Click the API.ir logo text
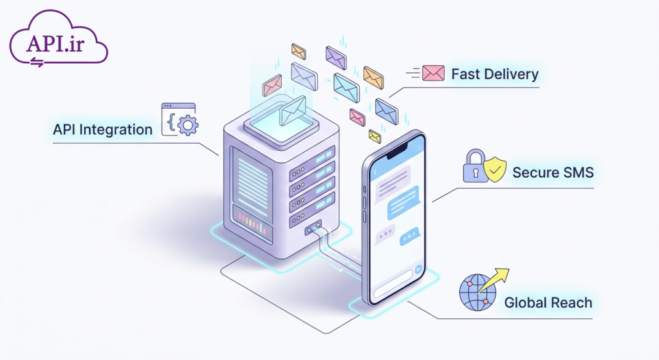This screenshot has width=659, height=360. pos(55,43)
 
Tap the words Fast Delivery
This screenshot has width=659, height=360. pos(495,74)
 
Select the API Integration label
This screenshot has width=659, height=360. pos(102,129)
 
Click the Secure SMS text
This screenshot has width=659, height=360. pos(553,173)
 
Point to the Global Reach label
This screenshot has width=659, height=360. pos(548,303)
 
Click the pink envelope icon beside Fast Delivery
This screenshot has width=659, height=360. pos(433,73)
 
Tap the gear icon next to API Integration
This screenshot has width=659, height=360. pos(188,125)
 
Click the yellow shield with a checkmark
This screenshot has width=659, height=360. pos(495,169)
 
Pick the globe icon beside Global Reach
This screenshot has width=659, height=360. pos(478,292)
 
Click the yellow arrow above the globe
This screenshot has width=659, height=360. pos(494,281)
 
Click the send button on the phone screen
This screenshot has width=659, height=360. pos(418,270)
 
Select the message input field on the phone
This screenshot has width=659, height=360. pos(393,284)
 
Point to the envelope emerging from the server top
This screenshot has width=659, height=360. pos(293,111)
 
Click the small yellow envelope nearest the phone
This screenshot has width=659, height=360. pos(375,137)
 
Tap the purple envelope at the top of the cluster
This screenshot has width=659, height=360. pos(336,57)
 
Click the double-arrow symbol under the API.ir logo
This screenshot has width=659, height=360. pos(37,62)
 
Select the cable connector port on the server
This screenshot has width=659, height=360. pos(313,227)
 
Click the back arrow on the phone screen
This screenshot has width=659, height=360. pos(375,171)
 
